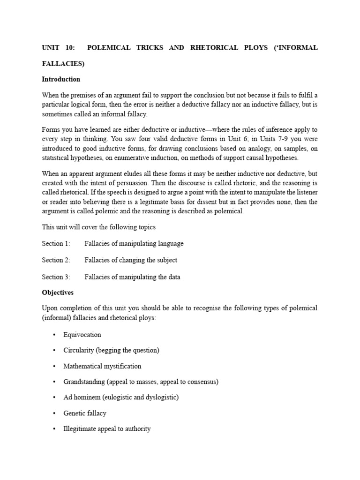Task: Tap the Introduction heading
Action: click(x=61, y=79)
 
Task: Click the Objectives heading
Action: click(x=58, y=292)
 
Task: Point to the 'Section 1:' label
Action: click(x=56, y=244)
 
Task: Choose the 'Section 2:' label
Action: click(x=56, y=260)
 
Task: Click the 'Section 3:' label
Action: click(x=56, y=277)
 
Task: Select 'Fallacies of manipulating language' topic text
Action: click(x=134, y=244)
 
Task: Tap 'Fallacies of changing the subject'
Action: click(x=131, y=260)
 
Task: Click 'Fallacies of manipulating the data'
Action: click(x=132, y=277)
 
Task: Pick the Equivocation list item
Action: click(x=82, y=335)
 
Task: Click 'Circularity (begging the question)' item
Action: click(x=111, y=351)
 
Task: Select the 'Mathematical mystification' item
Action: click(x=102, y=366)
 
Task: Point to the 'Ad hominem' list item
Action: click(x=121, y=397)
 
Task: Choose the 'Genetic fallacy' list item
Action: click(x=85, y=413)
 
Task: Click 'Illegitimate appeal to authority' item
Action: click(x=107, y=429)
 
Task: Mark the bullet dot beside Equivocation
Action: click(x=54, y=335)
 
